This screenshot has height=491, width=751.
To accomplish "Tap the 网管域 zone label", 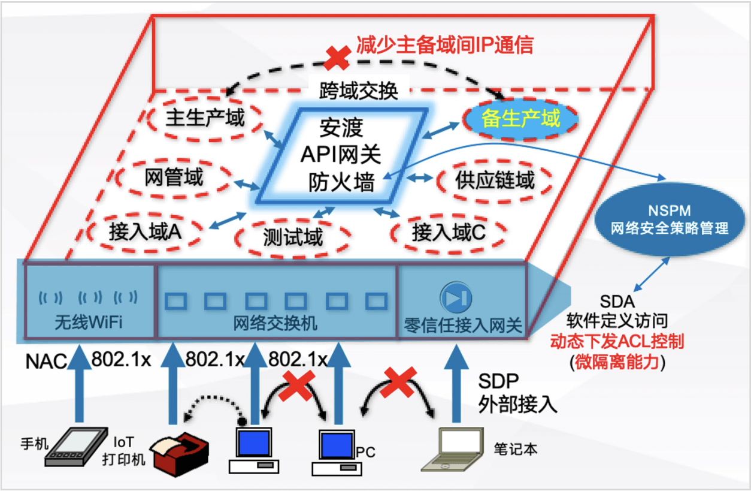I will (174, 177).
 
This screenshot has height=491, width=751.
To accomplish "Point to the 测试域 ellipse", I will (293, 237).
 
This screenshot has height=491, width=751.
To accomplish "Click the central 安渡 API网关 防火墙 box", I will (341, 155).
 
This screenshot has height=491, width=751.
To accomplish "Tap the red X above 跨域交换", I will (337, 57).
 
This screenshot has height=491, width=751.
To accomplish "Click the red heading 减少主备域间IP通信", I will (444, 45).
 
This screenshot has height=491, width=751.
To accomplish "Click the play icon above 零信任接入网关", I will (456, 297).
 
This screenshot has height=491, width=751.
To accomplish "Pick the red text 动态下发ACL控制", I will (617, 342).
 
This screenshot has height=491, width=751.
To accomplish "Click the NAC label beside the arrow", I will (46, 362).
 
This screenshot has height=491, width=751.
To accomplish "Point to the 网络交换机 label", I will (275, 324).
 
